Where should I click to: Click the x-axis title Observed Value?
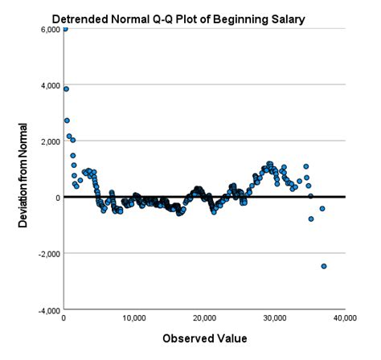click(x=204, y=338)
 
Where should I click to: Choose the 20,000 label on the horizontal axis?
click(x=204, y=319)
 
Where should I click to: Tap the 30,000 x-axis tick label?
click(x=275, y=319)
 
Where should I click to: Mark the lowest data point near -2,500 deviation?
click(x=324, y=266)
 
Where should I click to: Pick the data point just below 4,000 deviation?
click(x=67, y=89)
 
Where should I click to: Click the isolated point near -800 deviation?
click(x=311, y=219)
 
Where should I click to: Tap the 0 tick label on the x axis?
click(x=63, y=319)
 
